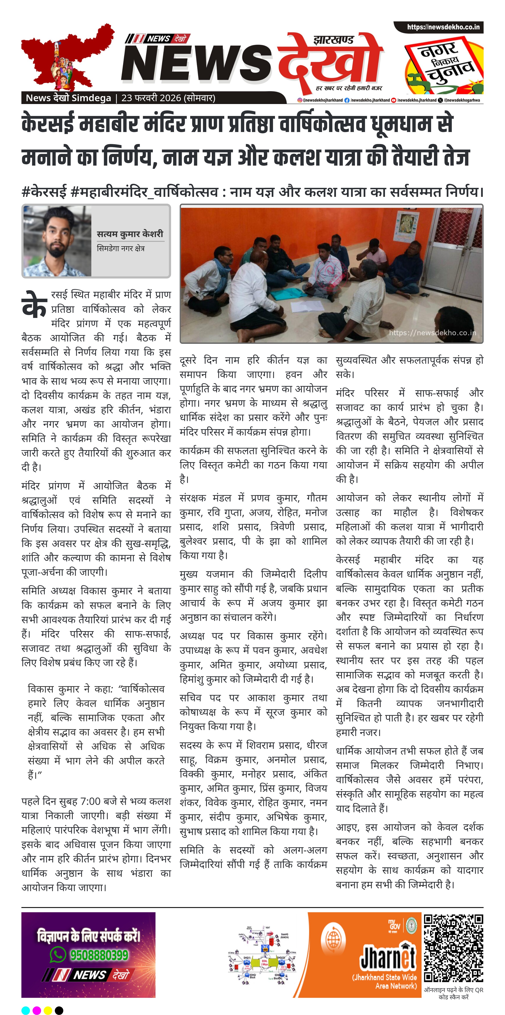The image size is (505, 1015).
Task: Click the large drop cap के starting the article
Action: tap(35, 305)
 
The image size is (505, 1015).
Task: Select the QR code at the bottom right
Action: tap(453, 954)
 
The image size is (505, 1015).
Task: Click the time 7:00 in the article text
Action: tap(90, 801)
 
